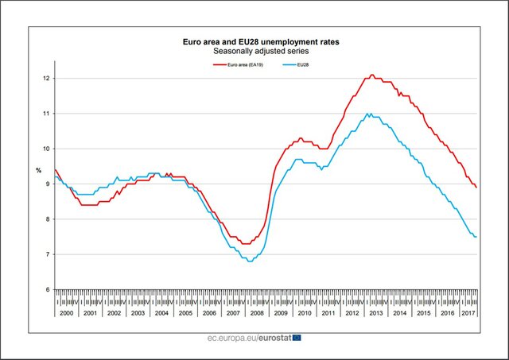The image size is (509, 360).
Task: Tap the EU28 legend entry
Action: (x=303, y=64)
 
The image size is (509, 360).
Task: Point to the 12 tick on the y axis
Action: (x=47, y=78)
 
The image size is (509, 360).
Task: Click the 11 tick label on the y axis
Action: (x=47, y=114)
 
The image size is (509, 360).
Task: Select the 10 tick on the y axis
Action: (x=47, y=149)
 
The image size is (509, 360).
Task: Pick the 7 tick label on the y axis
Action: (x=48, y=254)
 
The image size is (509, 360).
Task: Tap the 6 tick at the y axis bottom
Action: (x=48, y=289)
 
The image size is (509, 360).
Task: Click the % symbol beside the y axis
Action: (x=38, y=171)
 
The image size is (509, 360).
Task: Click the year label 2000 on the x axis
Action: (x=66, y=313)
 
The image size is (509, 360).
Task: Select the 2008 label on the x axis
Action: (x=258, y=313)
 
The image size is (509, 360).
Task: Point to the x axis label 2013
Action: (x=376, y=313)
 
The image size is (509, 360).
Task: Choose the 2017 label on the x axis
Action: (x=468, y=313)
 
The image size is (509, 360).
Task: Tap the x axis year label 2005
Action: (x=185, y=313)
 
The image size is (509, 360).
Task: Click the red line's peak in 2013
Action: (x=371, y=75)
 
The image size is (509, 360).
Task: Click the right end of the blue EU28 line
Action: (x=476, y=237)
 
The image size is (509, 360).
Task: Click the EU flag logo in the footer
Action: (x=296, y=338)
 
